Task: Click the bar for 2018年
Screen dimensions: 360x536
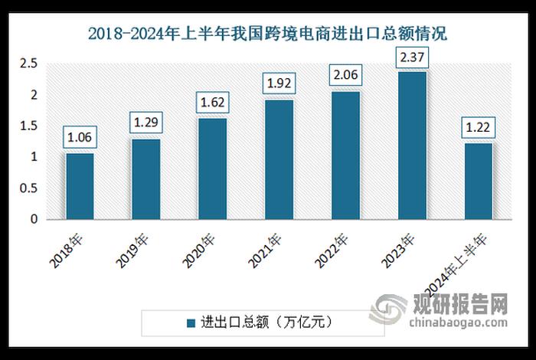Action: [80, 186]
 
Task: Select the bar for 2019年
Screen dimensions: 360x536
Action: [145, 178]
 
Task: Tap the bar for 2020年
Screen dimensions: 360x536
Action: [212, 169]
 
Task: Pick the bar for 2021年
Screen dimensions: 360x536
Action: [279, 159]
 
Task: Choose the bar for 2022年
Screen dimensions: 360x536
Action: [345, 155]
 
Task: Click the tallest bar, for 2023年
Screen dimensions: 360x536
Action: [412, 145]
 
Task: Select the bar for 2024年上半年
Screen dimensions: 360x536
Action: [479, 181]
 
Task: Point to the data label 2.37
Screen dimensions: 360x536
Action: [412, 56]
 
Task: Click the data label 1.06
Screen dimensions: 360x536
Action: [80, 139]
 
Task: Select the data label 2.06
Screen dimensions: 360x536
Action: [345, 76]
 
